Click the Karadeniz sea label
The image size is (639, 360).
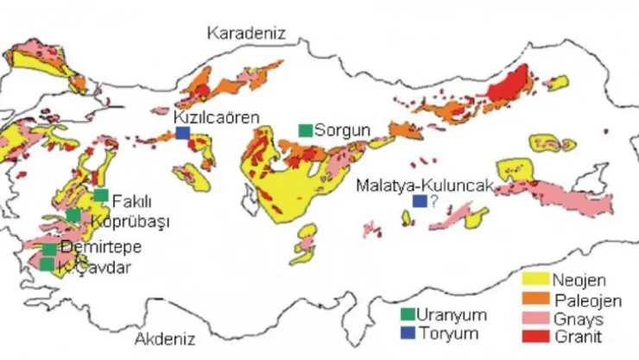pyautogui.click(x=245, y=33)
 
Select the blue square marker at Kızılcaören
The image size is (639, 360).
pyautogui.click(x=183, y=132)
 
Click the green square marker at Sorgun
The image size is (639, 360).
pyautogui.click(x=306, y=130)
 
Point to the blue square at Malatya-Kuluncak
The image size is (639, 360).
pyautogui.click(x=419, y=201)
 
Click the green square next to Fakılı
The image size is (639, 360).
pyautogui.click(x=101, y=195)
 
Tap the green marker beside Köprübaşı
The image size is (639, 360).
pyautogui.click(x=73, y=215)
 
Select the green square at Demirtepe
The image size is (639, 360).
pyautogui.click(x=49, y=249)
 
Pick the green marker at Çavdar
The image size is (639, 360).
pyautogui.click(x=47, y=264)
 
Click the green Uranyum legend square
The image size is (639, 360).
pyautogui.click(x=408, y=313)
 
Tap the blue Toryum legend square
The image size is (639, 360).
pyautogui.click(x=408, y=331)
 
